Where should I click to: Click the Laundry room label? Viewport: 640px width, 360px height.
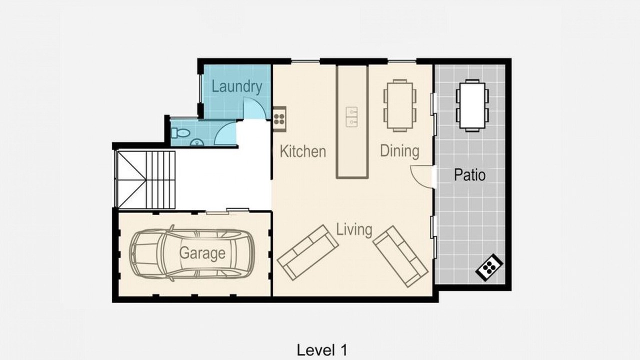click(x=237, y=87)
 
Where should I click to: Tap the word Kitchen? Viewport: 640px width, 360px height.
click(x=303, y=151)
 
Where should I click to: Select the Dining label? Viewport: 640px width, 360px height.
click(x=399, y=151)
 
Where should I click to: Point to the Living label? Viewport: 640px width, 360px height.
click(x=354, y=229)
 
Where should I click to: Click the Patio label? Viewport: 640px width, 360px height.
click(x=469, y=175)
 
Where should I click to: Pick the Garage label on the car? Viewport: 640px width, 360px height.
click(x=202, y=253)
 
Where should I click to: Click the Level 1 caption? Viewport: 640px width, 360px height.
click(x=322, y=350)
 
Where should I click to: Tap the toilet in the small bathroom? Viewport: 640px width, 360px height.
click(x=180, y=133)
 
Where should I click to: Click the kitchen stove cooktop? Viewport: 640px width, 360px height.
click(x=279, y=119)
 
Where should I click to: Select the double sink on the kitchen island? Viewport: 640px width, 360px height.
click(x=351, y=117)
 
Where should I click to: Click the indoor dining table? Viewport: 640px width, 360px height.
click(x=399, y=105)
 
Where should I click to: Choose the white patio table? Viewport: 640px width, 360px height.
click(x=472, y=105)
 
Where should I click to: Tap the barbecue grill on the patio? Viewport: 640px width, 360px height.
click(x=489, y=267)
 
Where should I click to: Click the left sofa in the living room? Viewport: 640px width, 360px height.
click(x=308, y=252)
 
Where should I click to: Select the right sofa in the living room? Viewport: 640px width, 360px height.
click(x=400, y=256)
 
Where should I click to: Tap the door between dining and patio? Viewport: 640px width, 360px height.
click(x=422, y=177)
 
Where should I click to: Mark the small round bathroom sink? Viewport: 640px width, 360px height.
click(x=196, y=142)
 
